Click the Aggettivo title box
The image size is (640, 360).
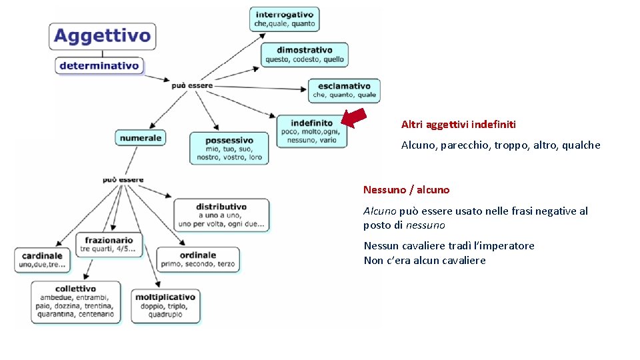tap(102, 36)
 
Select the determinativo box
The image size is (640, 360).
tap(99, 65)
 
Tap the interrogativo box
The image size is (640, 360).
tap(285, 19)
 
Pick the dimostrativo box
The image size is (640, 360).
tap(305, 55)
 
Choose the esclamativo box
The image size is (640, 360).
tap(344, 91)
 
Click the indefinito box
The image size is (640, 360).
tap(311, 131)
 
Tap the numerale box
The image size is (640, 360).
tap(141, 138)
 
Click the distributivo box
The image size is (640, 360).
tap(221, 215)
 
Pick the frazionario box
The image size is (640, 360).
tap(109, 245)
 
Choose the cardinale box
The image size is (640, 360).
tap(43, 260)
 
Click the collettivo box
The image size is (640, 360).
tap(77, 301)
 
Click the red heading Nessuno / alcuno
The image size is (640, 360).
tap(407, 190)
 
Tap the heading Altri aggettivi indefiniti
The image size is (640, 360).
tap(459, 125)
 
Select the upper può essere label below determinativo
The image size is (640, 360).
tap(192, 85)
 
